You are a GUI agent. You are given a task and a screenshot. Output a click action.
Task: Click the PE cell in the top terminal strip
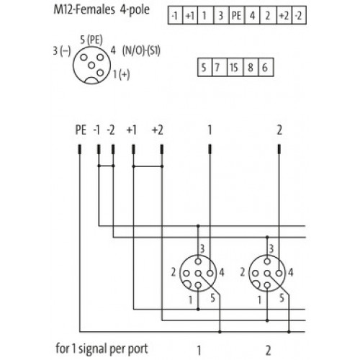pos(236,16)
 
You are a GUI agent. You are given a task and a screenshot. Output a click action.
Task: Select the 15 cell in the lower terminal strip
pos(235,67)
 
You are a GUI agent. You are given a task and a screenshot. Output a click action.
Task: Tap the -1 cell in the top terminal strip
pos(175,16)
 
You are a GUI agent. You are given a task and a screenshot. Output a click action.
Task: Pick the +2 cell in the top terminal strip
pos(284,16)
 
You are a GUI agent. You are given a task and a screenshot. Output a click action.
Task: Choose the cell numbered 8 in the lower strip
pos(251,67)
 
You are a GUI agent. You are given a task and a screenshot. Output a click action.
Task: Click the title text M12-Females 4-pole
pos(102,10)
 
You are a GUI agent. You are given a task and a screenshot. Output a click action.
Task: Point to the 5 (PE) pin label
pos(91,40)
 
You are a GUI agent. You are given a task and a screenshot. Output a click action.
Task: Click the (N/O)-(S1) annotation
pos(141,51)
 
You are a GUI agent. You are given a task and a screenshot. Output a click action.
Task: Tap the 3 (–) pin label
pos(62,51)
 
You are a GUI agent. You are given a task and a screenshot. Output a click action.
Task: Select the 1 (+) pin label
pos(121,74)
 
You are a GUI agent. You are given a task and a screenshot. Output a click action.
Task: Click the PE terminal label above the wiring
pos(81,130)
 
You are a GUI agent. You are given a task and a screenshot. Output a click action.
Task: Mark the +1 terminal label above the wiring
pos(132,130)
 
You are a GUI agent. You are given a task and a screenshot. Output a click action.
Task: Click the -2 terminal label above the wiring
pos(111,130)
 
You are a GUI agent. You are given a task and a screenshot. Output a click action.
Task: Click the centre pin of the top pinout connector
pos(91,65)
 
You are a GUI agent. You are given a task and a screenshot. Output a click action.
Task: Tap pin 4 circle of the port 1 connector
pos(210,273)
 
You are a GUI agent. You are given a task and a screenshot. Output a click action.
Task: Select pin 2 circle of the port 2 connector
pos(255,273)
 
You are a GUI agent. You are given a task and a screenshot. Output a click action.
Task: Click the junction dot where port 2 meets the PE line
pos(289,332)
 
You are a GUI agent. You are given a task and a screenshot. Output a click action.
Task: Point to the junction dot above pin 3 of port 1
pos(198,226)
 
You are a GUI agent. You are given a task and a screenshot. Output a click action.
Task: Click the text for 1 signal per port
pos(102,348)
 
